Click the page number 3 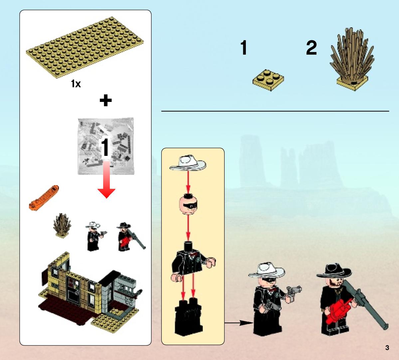[387, 348]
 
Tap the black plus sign [105, 100]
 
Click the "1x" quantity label [76, 84]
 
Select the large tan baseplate [85, 47]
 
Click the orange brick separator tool [44, 198]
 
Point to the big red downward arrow [106, 180]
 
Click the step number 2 [311, 48]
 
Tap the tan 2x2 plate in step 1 [268, 80]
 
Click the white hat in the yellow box [188, 163]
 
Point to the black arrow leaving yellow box [239, 323]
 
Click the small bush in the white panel [62, 226]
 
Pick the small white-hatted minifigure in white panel [95, 236]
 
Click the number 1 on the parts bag [105, 148]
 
